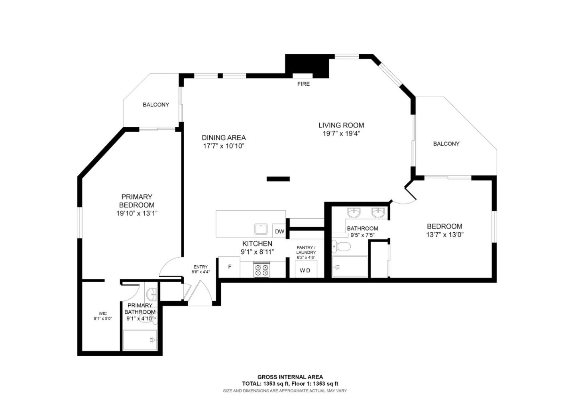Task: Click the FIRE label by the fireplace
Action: [x=303, y=84]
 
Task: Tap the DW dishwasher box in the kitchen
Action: [x=279, y=231]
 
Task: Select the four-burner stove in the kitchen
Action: [x=262, y=270]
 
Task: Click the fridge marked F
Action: [x=230, y=267]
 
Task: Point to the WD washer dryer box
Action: [x=305, y=271]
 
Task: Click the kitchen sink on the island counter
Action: [x=261, y=230]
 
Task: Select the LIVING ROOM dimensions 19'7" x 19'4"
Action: [x=341, y=134]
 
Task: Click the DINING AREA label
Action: [x=224, y=138]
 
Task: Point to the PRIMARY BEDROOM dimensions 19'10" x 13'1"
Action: [x=137, y=214]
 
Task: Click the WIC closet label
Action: [x=102, y=314]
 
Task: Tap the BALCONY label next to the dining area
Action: [x=156, y=105]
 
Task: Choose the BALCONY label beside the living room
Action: [x=446, y=144]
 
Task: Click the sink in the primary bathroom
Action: [x=152, y=295]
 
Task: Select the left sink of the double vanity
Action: [x=354, y=213]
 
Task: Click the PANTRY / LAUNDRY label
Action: [x=306, y=250]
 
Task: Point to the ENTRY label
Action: [x=201, y=267]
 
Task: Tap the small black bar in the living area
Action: [x=278, y=179]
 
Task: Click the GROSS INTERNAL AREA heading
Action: [x=290, y=377]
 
